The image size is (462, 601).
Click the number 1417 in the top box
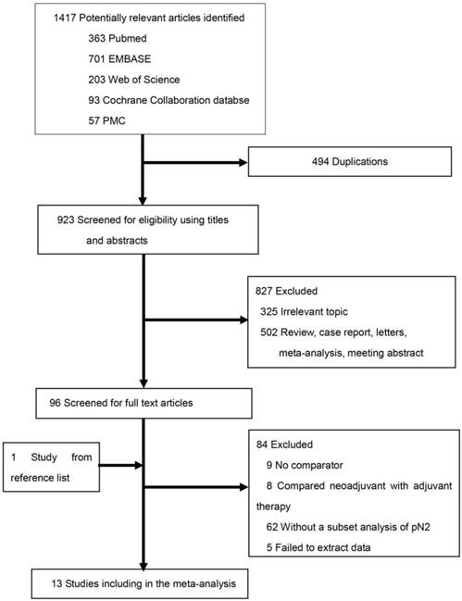(x=65, y=18)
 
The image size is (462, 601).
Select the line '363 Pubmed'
(x=118, y=38)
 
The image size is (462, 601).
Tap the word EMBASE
(x=130, y=59)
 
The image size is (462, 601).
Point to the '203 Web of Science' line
(x=133, y=80)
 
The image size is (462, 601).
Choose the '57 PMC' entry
(x=106, y=121)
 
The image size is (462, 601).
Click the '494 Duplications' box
(x=350, y=162)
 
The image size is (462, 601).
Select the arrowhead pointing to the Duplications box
(x=243, y=162)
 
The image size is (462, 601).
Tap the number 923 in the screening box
(x=66, y=220)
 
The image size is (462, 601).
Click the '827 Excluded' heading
(x=286, y=292)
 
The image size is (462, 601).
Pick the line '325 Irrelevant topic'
(x=304, y=312)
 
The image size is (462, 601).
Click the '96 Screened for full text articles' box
(x=144, y=403)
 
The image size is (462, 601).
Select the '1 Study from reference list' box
(x=51, y=468)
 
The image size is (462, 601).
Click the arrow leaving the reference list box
(x=120, y=466)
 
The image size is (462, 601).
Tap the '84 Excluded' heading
(x=284, y=444)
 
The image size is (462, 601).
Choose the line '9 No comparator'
(x=305, y=465)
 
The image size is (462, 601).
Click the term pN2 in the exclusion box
(x=420, y=528)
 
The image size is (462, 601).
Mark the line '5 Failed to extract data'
(x=318, y=547)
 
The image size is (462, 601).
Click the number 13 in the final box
(x=56, y=584)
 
